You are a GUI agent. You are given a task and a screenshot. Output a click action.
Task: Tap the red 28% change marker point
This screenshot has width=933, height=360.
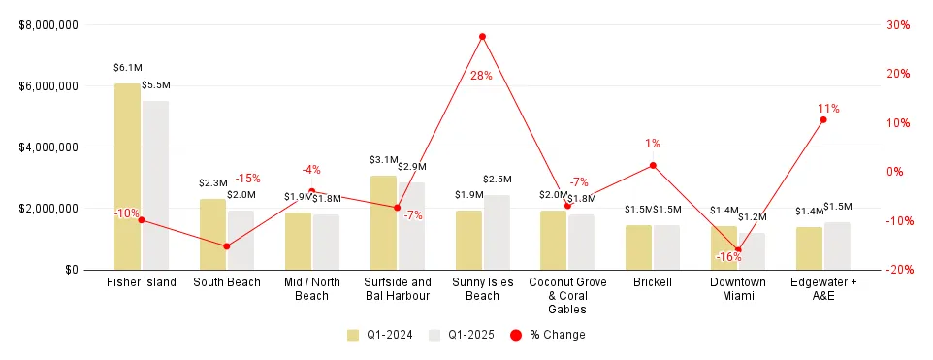(x=482, y=37)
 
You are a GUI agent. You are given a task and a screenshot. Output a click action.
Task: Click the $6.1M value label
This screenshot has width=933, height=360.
(x=128, y=69)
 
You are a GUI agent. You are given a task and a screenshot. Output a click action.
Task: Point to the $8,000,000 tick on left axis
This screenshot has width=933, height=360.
(x=48, y=25)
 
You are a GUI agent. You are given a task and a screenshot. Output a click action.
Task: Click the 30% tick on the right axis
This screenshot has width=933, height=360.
(x=897, y=25)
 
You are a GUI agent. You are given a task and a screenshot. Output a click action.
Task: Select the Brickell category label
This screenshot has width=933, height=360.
(x=653, y=282)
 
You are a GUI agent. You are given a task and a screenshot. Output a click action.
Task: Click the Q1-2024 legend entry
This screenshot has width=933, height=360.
(x=380, y=335)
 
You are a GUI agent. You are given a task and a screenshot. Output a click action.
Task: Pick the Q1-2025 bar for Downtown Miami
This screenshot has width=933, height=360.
(x=752, y=251)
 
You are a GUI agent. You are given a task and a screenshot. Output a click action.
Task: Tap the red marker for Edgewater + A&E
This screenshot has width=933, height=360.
(x=823, y=119)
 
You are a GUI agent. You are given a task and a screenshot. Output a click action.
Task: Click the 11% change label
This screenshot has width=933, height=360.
(x=828, y=109)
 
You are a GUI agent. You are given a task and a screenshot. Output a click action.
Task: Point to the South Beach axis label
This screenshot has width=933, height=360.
(x=227, y=282)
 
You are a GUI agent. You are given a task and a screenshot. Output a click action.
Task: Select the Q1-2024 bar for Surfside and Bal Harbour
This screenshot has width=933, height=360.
(x=383, y=222)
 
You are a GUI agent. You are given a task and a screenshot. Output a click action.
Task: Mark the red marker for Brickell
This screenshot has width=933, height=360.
(x=653, y=165)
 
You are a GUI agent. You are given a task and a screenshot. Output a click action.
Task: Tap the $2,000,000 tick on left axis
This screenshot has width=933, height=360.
(x=48, y=209)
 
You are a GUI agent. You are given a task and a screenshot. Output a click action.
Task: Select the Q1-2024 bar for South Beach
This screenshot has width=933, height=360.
(x=212, y=234)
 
